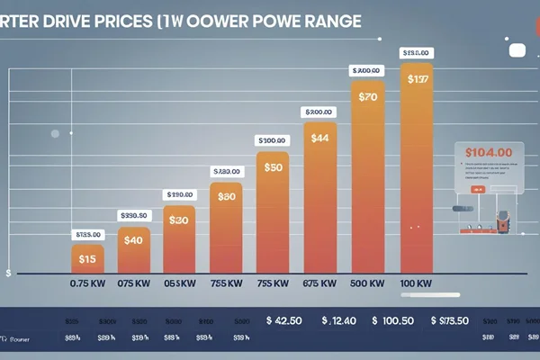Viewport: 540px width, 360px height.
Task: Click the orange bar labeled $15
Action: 87,259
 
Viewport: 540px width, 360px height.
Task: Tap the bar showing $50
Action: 274,211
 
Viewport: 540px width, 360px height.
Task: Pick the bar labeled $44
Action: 319,189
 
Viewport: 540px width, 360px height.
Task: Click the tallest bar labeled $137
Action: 415,166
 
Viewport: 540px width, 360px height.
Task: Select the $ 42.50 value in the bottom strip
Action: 291,320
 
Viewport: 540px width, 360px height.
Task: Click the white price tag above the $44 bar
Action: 319,112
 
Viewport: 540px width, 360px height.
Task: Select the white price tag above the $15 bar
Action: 87,235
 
